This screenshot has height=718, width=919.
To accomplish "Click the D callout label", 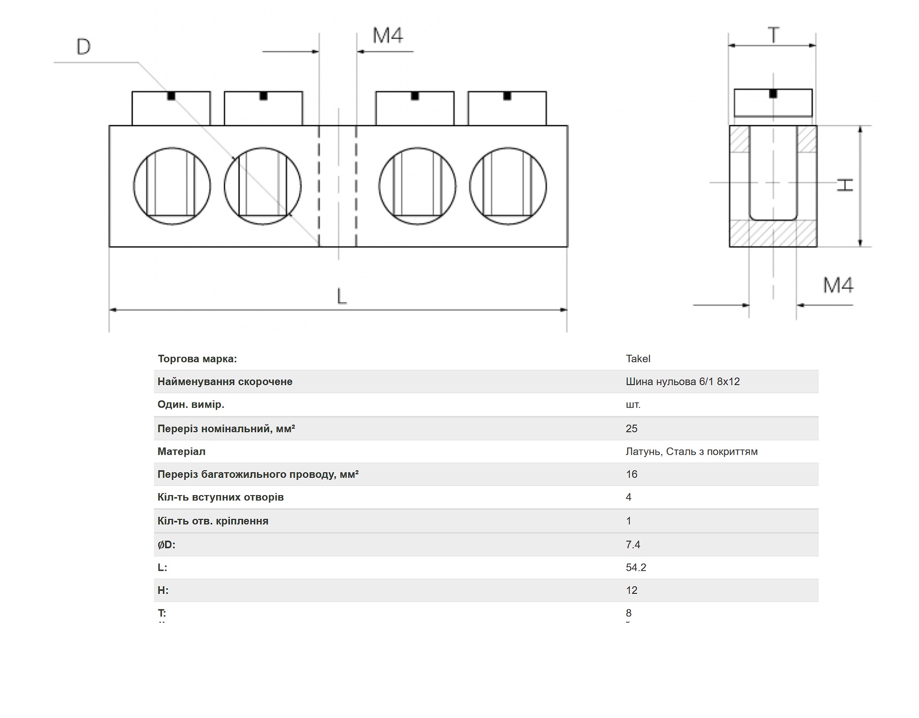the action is click(x=84, y=47).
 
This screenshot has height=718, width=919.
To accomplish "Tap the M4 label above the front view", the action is click(x=388, y=35).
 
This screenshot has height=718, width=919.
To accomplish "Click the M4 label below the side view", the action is click(x=838, y=285).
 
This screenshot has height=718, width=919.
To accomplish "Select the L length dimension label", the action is click(x=342, y=296).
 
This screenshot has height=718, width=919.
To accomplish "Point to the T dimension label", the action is click(x=773, y=35).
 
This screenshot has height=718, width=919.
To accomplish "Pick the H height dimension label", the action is click(x=845, y=185).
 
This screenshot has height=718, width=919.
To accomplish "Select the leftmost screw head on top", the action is click(x=171, y=108).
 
